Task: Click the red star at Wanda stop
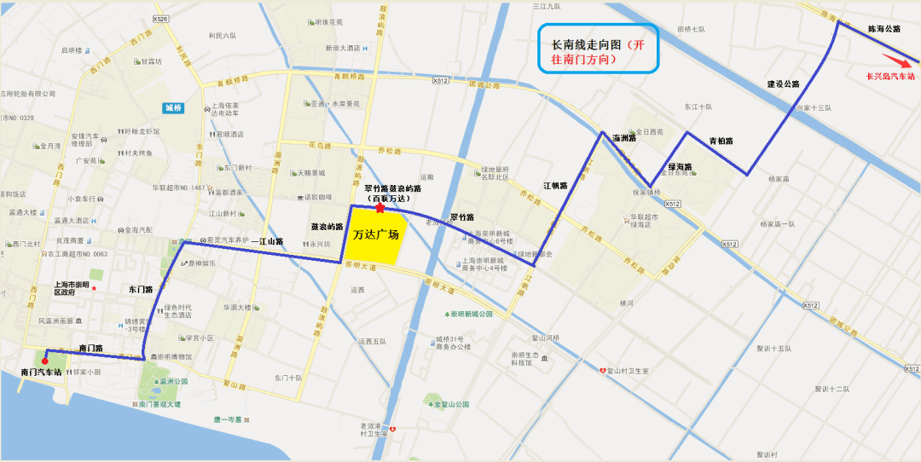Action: tap(379, 207)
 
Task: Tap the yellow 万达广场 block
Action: tap(376, 235)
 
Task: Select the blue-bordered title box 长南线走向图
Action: tap(599, 52)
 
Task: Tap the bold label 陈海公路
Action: tap(883, 29)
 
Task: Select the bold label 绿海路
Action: tap(679, 167)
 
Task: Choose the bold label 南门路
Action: tap(90, 348)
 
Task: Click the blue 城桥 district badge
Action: tap(173, 107)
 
